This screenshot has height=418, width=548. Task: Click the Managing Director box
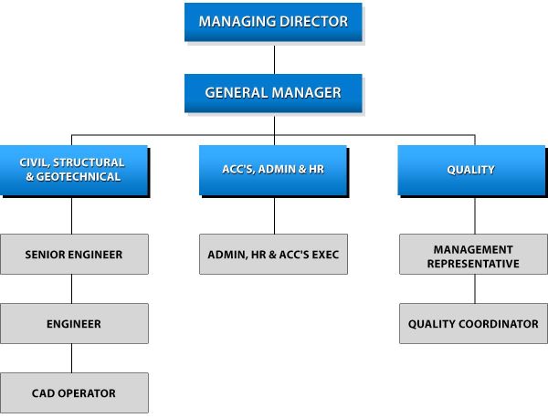273,22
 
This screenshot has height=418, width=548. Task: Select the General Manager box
273,93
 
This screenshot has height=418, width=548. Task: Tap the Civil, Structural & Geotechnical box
72,170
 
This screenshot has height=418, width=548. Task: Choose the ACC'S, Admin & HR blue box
273,170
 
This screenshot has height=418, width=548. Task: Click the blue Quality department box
474,170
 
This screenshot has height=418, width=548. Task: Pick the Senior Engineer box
73,254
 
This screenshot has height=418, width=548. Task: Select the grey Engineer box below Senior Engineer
73,324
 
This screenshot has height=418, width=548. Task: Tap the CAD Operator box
73,393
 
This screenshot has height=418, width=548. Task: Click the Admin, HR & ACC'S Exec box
273,254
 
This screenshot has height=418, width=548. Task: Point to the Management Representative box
474,255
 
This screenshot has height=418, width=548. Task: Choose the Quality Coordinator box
474,324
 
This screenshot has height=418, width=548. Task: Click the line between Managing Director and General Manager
274,58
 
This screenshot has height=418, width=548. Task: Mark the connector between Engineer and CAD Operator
72,358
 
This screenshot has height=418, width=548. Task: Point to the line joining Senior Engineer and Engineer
72,288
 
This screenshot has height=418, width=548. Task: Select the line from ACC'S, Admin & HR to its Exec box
274,215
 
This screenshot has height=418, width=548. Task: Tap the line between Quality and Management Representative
474,215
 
